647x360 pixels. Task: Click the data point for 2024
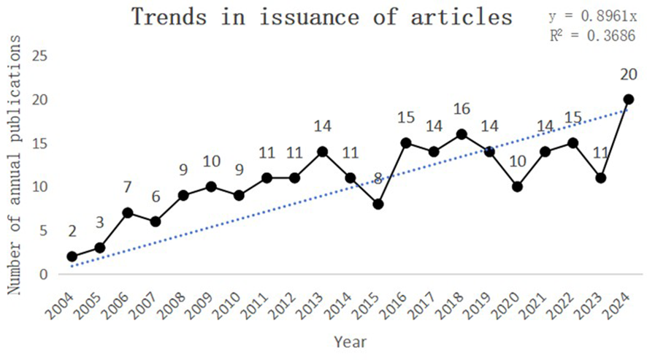point(628,99)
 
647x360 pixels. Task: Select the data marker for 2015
point(378,204)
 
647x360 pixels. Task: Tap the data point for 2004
point(72,256)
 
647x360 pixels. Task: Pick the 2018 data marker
point(462,134)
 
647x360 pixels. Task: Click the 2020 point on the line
point(517,187)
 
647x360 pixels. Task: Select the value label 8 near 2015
point(378,177)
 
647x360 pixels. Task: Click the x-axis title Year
point(350,342)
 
